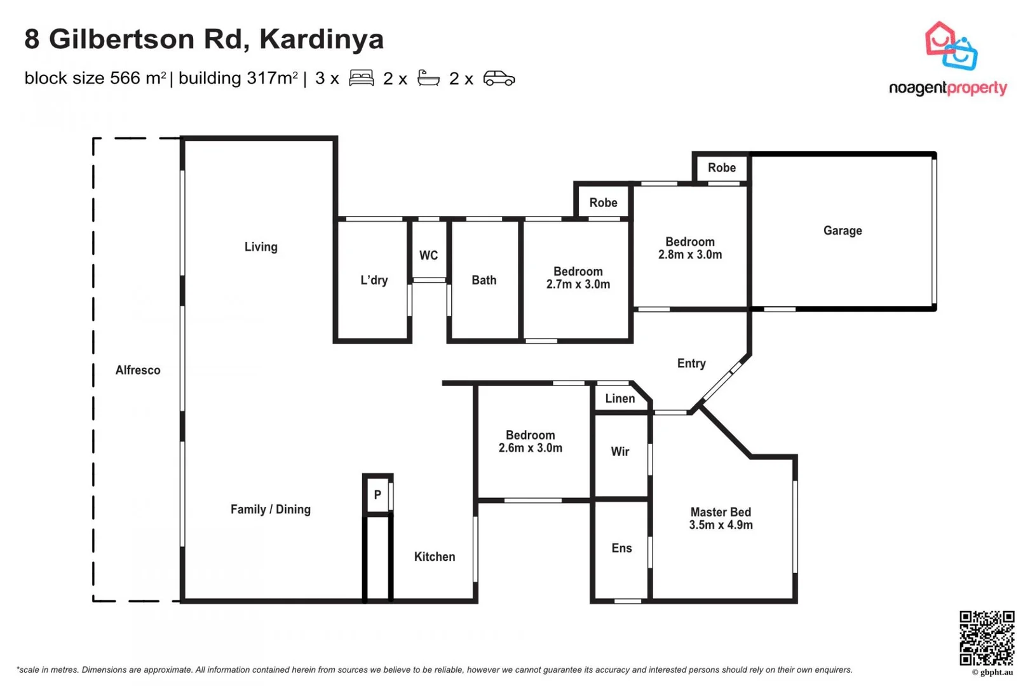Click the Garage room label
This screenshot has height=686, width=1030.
842,231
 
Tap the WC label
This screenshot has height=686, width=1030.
428,255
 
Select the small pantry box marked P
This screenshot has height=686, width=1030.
377,495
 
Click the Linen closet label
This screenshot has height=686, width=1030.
620,398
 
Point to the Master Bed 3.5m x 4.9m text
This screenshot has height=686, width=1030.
721,518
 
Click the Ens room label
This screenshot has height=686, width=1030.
621,548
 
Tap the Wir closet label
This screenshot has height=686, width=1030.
620,452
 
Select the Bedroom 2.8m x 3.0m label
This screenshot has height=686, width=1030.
689,248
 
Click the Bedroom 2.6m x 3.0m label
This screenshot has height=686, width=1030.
530,441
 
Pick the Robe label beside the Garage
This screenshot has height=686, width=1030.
721,168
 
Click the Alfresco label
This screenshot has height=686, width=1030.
138,370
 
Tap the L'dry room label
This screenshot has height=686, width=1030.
374,280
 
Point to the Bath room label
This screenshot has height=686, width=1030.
484,280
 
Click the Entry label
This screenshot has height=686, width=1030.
691,363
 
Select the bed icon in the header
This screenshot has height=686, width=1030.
361,78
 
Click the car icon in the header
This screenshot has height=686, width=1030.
499,78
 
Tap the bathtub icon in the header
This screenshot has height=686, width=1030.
428,78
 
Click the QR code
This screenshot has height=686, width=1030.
986,638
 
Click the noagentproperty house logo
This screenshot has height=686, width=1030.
951,46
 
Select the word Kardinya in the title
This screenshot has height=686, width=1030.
322,39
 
